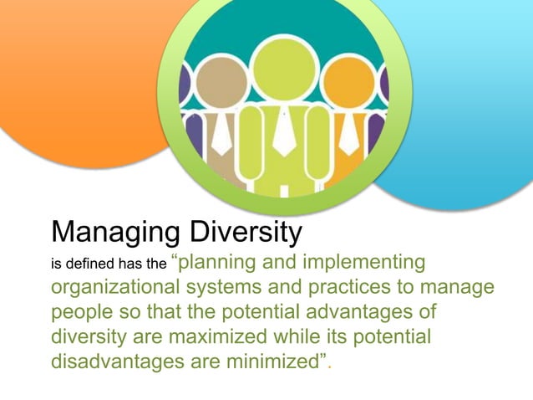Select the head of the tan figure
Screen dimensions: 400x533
220,85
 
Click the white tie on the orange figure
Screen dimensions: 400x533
348,134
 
